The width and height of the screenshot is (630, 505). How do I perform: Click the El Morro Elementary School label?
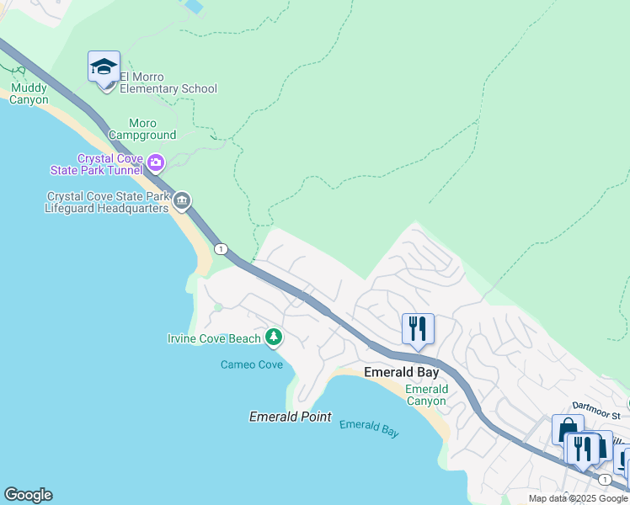tap(168, 82)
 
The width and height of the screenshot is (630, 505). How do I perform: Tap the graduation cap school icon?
tap(104, 66)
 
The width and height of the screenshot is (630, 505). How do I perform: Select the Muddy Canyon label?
tap(29, 93)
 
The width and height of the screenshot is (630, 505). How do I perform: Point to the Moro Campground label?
tap(142, 129)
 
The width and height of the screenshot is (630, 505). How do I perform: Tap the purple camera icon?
tap(155, 162)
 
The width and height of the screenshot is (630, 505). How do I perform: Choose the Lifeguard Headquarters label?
tap(107, 202)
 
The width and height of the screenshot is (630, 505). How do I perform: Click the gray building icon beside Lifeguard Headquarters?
tap(183, 200)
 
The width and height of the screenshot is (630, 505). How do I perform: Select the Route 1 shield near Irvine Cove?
tap(221, 249)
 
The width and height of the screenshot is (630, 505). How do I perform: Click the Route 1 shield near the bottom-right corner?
tap(605, 478)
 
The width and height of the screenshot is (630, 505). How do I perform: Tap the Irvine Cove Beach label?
tap(214, 338)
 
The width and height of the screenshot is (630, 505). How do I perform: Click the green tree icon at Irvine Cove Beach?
tap(273, 338)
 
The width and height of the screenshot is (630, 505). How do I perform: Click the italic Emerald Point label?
tap(290, 417)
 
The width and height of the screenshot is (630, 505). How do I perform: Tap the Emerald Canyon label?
tap(426, 395)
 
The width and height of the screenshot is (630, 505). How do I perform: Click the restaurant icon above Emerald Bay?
tap(418, 328)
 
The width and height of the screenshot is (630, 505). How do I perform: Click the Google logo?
tap(28, 495)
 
